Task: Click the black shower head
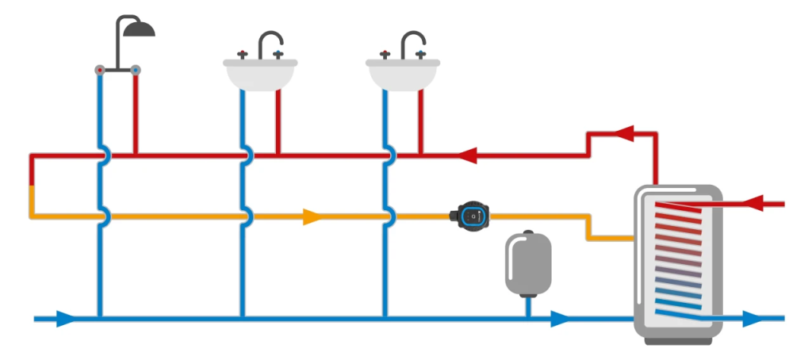pos(140,29)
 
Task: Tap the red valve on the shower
pos(100,70)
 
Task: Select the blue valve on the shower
pos(136,70)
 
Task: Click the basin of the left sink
pos(260,75)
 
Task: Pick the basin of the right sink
pos(402,75)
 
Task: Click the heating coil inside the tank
pos(680,254)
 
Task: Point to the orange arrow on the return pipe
pos(312,216)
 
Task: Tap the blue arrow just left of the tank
pos(561,320)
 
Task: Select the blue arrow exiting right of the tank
pos(752,320)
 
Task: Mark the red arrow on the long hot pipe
pos(467,155)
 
